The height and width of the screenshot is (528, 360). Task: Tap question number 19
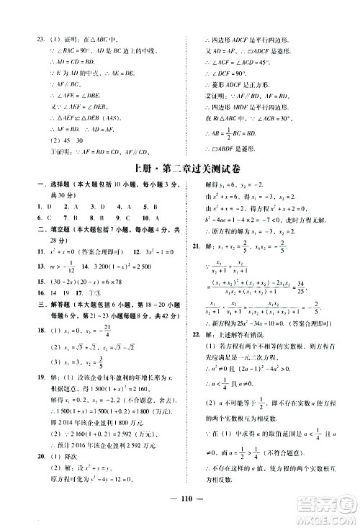point(23,409)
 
